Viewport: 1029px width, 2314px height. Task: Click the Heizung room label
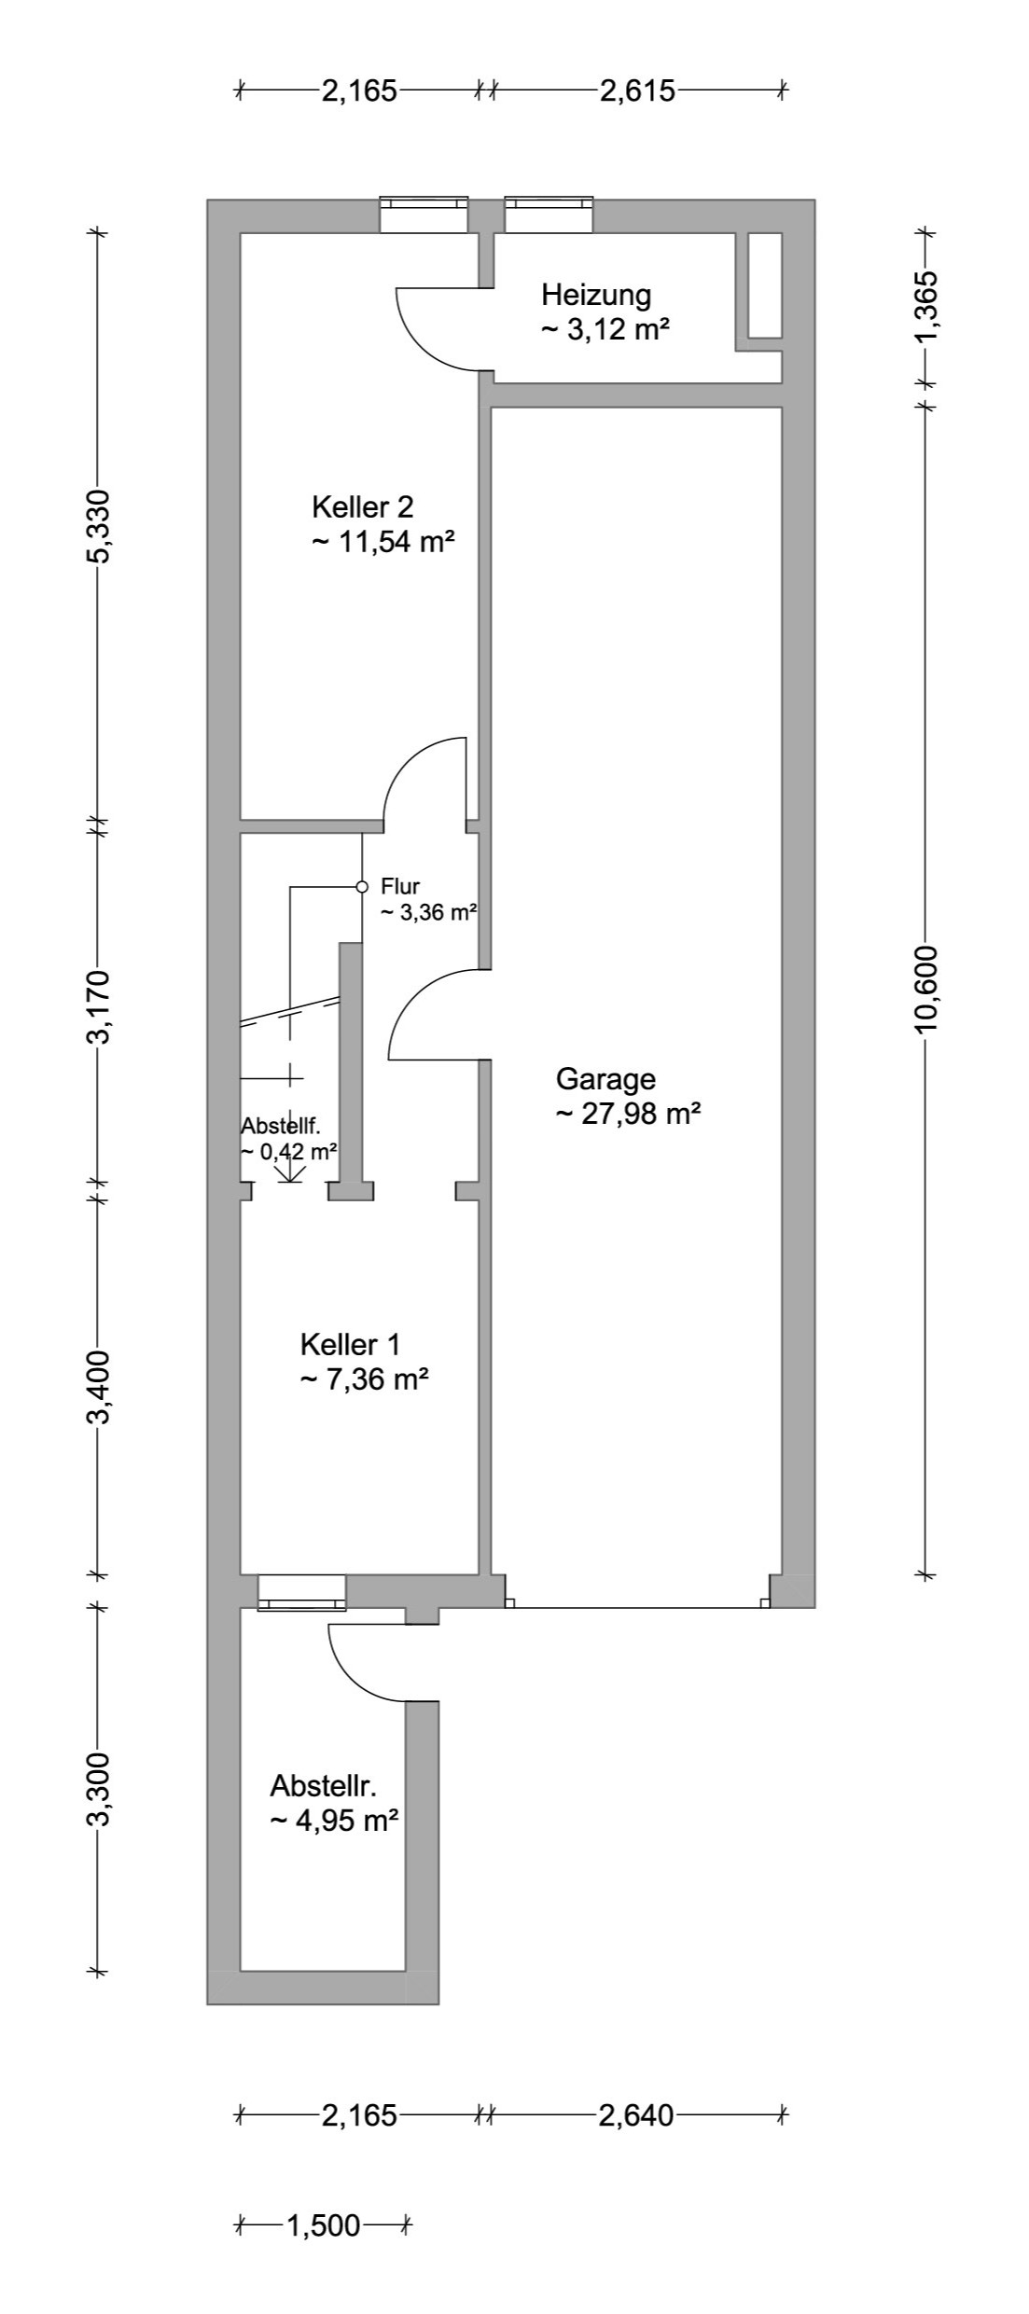(x=596, y=296)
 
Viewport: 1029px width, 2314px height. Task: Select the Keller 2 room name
(x=362, y=507)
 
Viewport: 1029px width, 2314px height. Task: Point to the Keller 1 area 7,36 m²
(x=364, y=1379)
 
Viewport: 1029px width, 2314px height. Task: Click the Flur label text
(x=400, y=887)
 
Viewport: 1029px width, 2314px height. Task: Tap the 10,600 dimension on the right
(x=925, y=991)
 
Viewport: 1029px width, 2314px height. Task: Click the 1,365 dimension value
(x=925, y=305)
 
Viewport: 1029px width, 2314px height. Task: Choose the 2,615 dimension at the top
(x=637, y=91)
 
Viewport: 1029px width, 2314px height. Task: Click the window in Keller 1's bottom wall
(x=301, y=1591)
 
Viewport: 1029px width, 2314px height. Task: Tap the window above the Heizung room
(x=549, y=215)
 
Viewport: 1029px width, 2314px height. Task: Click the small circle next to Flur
(x=363, y=886)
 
